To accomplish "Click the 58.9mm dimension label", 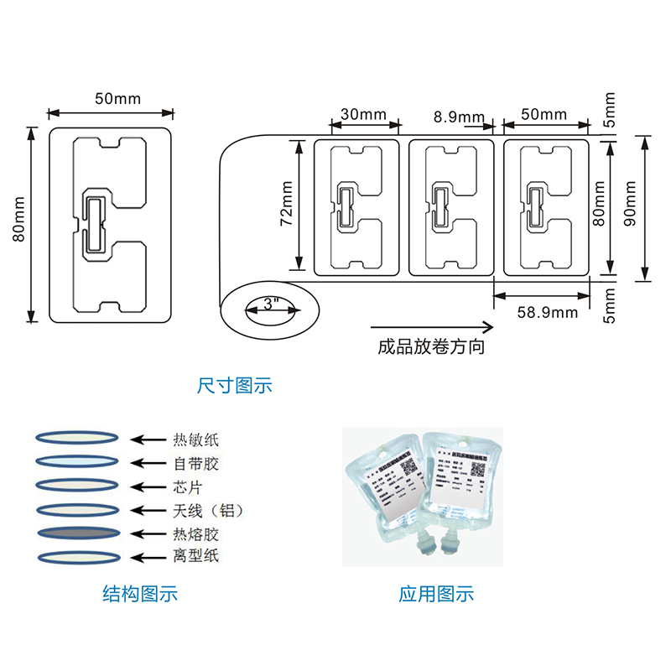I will [547, 313].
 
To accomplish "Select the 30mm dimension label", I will [363, 114].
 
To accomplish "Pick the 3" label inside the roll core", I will [271, 307].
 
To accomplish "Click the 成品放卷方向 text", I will [432, 346].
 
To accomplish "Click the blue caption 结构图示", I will [140, 595].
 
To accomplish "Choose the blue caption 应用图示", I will [436, 595].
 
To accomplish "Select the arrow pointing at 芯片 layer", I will [146, 486].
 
